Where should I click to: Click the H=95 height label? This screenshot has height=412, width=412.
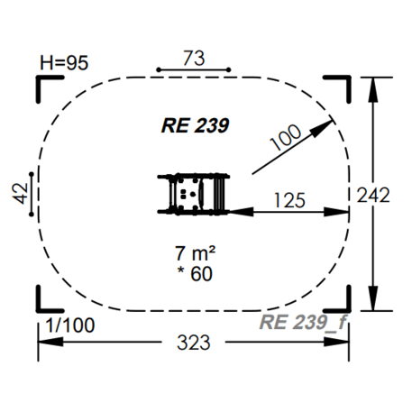64,63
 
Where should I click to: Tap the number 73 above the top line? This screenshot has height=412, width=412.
194,58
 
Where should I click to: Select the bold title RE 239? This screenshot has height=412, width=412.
196,125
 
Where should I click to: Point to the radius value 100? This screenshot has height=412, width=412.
286,137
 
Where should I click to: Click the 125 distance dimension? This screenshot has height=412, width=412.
290,200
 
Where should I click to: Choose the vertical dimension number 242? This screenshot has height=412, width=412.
373,195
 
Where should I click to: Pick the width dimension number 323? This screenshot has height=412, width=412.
194,343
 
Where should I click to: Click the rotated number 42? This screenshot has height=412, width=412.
20,194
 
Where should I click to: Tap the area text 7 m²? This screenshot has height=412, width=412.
196,253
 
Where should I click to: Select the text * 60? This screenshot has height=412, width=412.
195,273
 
